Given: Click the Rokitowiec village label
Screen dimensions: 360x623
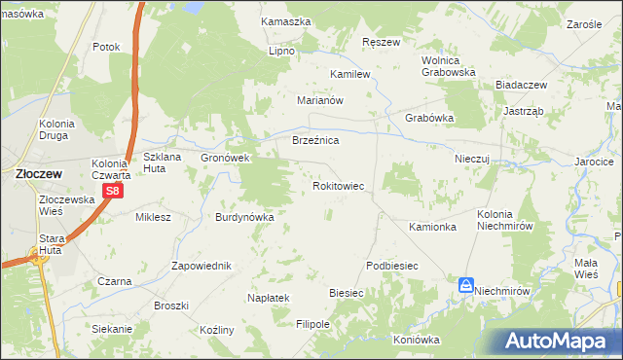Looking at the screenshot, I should pos(338,185).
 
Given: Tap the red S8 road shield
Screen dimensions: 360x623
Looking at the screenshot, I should pos(113,191).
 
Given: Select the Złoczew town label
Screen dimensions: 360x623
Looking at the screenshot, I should pos(39,173).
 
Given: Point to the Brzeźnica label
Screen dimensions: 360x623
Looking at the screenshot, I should pos(315,141).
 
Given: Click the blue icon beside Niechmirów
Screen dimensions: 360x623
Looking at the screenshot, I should pos(466,285).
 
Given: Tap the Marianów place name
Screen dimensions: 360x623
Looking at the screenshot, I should pos(321,99).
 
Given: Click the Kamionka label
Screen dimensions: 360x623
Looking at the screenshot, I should pos(433,227).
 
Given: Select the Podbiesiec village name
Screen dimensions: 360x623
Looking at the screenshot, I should pos(392,266).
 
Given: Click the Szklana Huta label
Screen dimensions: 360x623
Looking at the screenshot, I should pos(164,162).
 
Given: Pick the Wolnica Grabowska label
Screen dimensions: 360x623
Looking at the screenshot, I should pos(448,65).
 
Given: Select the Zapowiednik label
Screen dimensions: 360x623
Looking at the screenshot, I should pos(201,266).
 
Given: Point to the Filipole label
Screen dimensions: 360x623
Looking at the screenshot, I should pos(313,323).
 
